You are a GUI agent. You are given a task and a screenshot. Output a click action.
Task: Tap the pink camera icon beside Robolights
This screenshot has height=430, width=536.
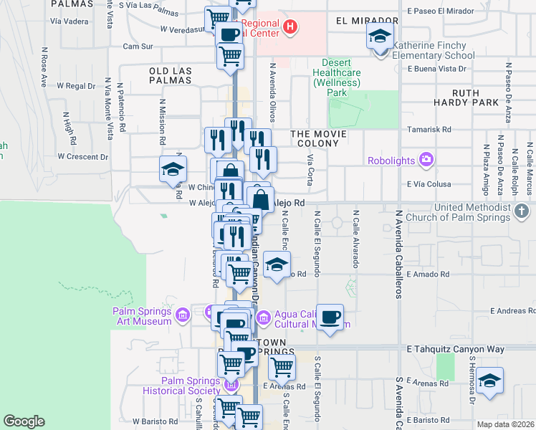pos(426,158)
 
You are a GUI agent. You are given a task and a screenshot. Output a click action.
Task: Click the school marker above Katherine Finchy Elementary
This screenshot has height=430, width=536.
pos(379,35)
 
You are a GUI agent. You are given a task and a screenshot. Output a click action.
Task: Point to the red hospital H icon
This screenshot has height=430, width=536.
pos(290,28)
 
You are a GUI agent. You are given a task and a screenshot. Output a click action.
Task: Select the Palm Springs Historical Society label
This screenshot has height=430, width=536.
pos(181,386)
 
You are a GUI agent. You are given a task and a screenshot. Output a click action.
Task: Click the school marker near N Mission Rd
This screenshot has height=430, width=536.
pos(173,169)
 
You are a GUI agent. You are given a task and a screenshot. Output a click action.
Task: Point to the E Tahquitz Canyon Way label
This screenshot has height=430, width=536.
pos(456,350)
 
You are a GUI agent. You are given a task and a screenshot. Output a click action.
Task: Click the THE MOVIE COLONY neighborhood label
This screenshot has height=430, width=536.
pos(318,134)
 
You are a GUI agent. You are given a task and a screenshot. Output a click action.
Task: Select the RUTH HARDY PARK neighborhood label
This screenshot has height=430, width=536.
pos(475,97)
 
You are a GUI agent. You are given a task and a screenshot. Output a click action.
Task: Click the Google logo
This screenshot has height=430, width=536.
pos(24,421)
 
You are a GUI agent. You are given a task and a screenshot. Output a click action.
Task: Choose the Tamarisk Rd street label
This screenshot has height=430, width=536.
pos(429,130)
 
